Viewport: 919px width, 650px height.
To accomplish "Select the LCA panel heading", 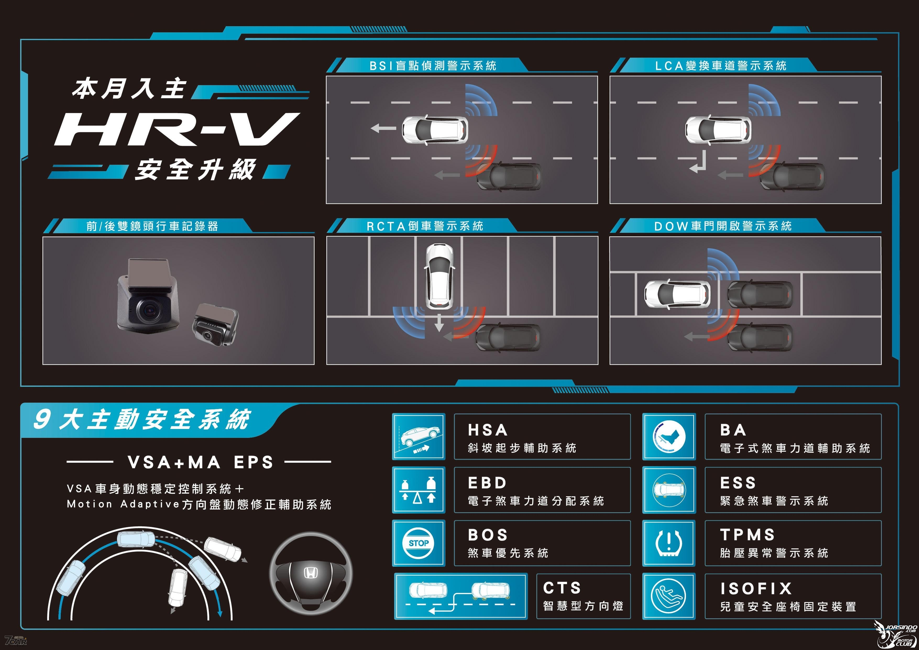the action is point(720,66).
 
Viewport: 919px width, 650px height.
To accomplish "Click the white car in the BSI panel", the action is point(435,129).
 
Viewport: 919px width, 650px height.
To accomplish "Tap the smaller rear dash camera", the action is point(215,324).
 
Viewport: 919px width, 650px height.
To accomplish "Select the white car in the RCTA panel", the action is point(439,277).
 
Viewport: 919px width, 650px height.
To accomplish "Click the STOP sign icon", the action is point(419,543).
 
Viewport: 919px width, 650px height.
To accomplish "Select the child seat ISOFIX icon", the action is point(669,596).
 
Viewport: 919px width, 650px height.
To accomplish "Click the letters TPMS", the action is point(747,535).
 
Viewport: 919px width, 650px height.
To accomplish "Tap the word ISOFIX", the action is point(756,588).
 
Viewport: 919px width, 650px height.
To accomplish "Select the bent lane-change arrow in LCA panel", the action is point(698,162).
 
